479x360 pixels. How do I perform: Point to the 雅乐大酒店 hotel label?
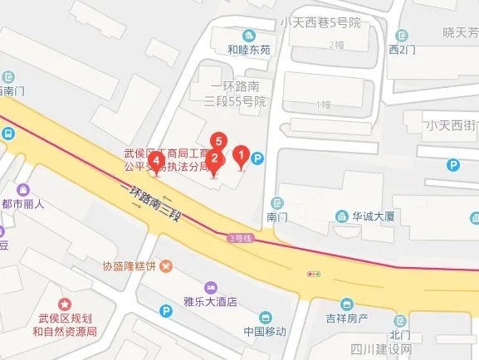(x=210, y=302)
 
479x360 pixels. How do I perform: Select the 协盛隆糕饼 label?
(x=130, y=266)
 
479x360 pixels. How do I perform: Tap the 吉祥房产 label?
(x=346, y=319)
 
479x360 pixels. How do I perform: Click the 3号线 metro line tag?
(x=240, y=238)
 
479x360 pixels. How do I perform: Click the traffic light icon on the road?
(x=315, y=273)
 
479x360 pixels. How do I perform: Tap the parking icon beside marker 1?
(x=258, y=157)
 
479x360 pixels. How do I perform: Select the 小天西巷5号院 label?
(x=320, y=23)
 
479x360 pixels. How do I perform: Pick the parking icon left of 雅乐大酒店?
(x=166, y=311)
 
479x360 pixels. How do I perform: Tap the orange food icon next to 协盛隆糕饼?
(x=167, y=266)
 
